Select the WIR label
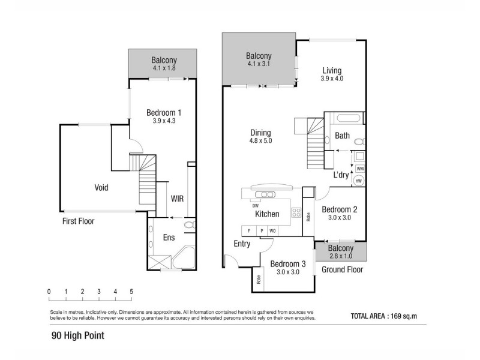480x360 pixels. pyautogui.click(x=177, y=197)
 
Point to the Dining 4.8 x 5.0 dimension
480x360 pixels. pyautogui.click(x=261, y=142)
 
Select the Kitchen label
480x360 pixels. pyautogui.click(x=267, y=214)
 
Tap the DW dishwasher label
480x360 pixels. pyautogui.click(x=247, y=206)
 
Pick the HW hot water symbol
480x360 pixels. pyautogui.click(x=359, y=181)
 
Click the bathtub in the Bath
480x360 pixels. pyautogui.click(x=344, y=118)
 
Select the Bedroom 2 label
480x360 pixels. pyautogui.click(x=339, y=209)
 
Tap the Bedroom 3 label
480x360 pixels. pyautogui.click(x=287, y=263)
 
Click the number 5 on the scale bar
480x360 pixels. pyautogui.click(x=131, y=292)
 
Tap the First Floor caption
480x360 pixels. pyautogui.click(x=79, y=221)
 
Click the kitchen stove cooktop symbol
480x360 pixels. pyautogui.click(x=295, y=212)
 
